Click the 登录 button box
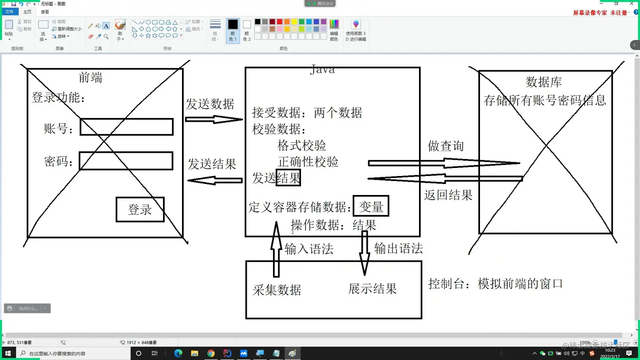click(140, 209)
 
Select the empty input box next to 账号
click(127, 127)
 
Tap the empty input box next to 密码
click(126, 161)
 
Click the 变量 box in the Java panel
click(371, 206)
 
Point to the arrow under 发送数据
click(214, 119)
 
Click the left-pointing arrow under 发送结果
click(215, 181)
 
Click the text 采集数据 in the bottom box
click(277, 290)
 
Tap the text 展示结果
click(372, 289)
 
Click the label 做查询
click(446, 146)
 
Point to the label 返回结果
click(448, 195)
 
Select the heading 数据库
click(543, 82)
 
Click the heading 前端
click(91, 77)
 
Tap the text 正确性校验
click(308, 162)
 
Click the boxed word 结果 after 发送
click(288, 178)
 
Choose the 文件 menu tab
click(9, 12)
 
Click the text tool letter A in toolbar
click(106, 26)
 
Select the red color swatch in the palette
click(279, 22)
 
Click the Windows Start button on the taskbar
click(7, 353)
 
